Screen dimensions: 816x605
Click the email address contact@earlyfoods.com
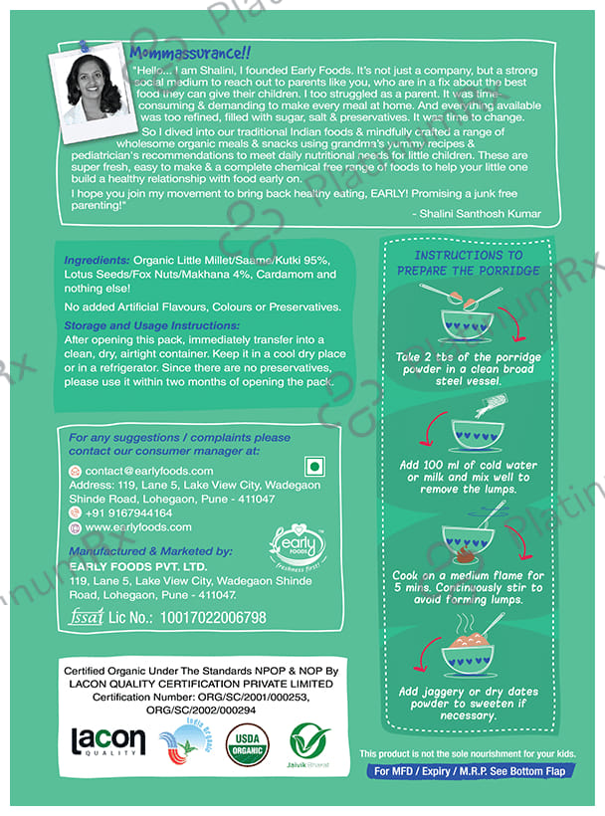(149, 471)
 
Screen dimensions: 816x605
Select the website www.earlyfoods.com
(138, 526)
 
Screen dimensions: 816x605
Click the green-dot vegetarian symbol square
(314, 468)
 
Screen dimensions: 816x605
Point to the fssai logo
(88, 617)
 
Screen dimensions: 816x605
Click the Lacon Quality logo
(108, 740)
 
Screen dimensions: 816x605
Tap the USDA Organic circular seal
(247, 743)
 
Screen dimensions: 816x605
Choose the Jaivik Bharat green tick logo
(309, 742)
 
